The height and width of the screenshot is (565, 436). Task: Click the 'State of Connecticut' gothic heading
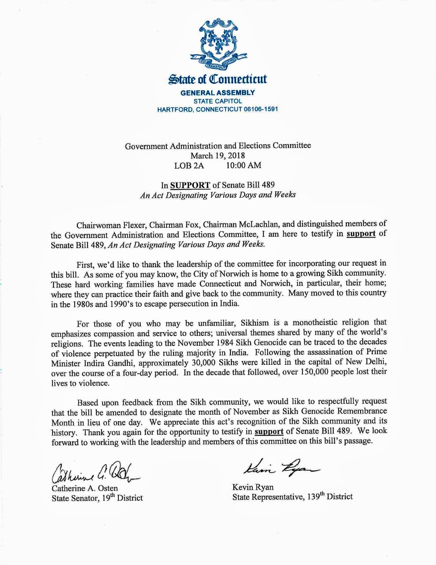click(x=218, y=79)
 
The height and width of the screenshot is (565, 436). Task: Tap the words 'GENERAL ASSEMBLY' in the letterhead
click(x=218, y=92)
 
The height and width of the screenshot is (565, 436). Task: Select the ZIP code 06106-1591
click(x=261, y=109)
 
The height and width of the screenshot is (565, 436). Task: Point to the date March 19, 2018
click(x=218, y=155)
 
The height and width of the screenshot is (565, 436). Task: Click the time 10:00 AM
click(x=243, y=165)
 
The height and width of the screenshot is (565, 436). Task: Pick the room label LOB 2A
click(x=189, y=165)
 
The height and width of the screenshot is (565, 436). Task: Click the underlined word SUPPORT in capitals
click(x=190, y=185)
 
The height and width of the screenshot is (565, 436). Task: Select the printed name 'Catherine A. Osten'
click(x=85, y=488)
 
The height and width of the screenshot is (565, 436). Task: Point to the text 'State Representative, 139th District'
click(x=292, y=497)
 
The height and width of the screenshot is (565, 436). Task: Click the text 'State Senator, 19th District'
click(x=97, y=498)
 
